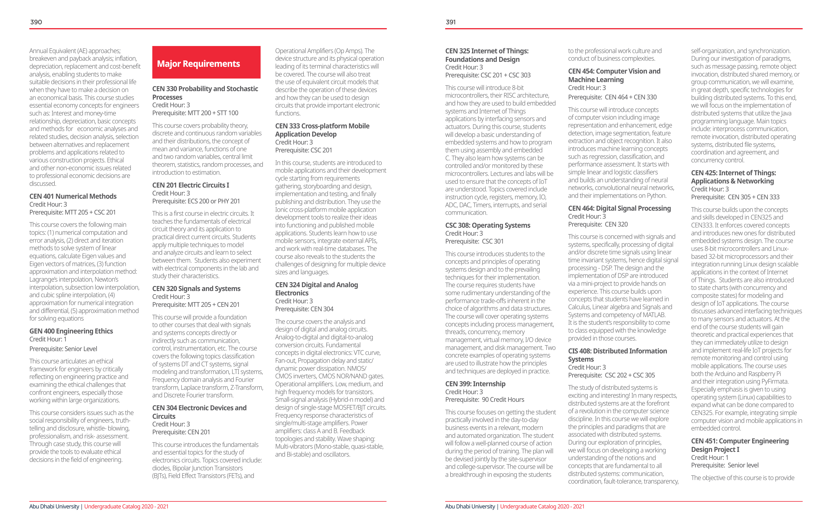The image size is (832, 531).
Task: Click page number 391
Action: click(450, 22)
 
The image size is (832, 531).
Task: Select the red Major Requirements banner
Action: click(206, 62)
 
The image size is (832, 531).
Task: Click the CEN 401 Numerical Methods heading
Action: click(73, 196)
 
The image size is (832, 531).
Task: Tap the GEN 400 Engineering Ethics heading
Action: click(71, 331)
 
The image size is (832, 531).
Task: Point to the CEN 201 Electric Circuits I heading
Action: click(191, 185)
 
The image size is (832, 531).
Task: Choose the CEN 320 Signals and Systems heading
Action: click(196, 289)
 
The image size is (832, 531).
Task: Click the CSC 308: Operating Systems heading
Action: click(487, 226)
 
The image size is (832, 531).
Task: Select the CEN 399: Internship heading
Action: click(475, 384)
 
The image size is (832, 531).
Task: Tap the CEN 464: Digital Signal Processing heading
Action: click(620, 208)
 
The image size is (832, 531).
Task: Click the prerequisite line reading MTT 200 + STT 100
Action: click(195, 113)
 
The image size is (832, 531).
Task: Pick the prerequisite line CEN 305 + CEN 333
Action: click(735, 197)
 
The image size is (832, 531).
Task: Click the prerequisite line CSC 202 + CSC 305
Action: click(612, 375)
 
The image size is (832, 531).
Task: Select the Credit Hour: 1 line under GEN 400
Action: click(48, 340)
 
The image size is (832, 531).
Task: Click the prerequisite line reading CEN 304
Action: click(304, 309)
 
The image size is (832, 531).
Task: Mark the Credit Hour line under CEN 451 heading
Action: click(710, 458)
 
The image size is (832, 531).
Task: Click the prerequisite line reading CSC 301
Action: click(474, 241)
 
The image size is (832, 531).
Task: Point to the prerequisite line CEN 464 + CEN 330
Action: click(612, 97)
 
